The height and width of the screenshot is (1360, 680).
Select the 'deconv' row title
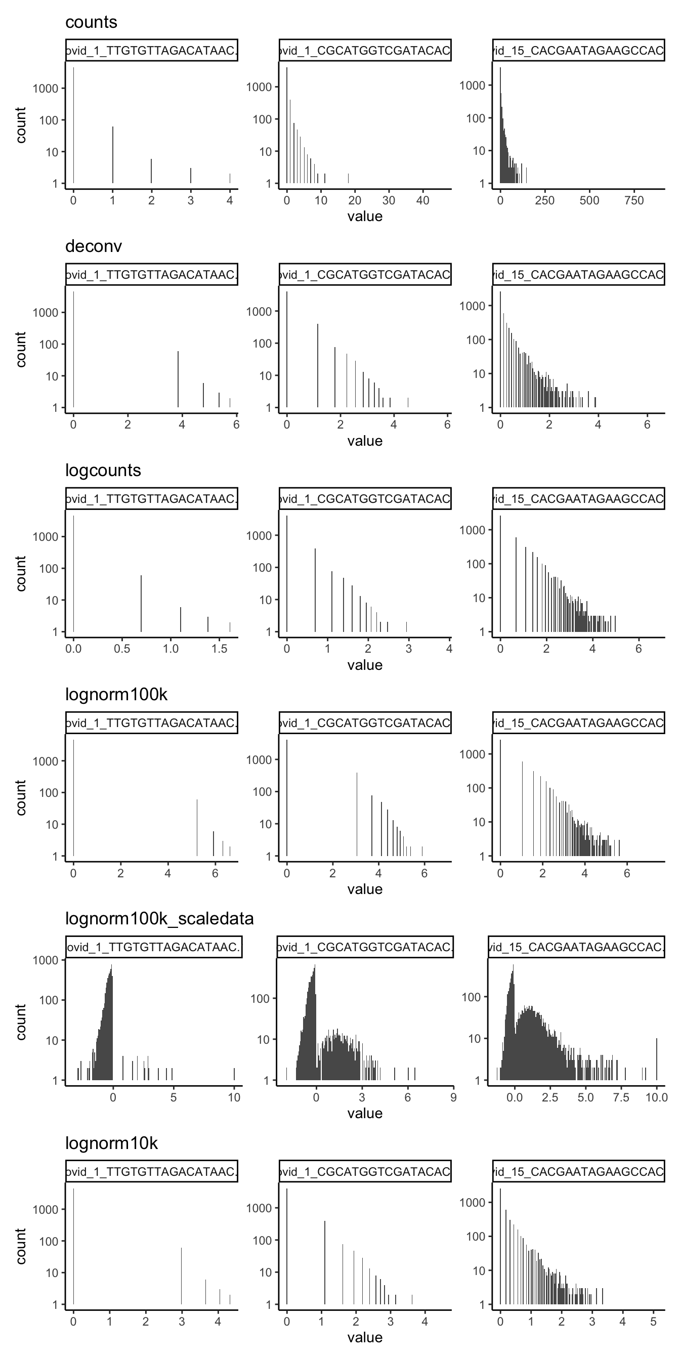[94, 246]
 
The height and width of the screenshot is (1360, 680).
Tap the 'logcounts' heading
[103, 471]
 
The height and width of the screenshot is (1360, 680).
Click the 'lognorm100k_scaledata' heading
[159, 919]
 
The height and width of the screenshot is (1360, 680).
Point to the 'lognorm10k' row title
[111, 1143]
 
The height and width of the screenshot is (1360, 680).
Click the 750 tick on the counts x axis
[633, 201]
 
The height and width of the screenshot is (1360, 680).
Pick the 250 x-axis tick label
[544, 201]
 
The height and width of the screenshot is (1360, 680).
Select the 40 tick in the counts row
[423, 201]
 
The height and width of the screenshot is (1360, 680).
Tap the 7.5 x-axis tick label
[621, 1097]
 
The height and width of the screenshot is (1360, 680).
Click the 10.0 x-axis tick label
[656, 1097]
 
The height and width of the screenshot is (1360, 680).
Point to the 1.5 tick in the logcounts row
[220, 649]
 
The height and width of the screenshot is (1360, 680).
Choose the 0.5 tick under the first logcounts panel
[122, 649]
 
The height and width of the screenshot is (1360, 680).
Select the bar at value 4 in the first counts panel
[230, 179]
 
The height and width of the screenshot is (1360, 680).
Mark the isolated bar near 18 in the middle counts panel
[348, 179]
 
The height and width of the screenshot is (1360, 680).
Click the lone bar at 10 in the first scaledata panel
[234, 1074]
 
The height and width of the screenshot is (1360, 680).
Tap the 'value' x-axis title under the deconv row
[365, 441]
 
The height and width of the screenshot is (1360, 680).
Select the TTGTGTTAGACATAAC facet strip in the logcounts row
[151, 499]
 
